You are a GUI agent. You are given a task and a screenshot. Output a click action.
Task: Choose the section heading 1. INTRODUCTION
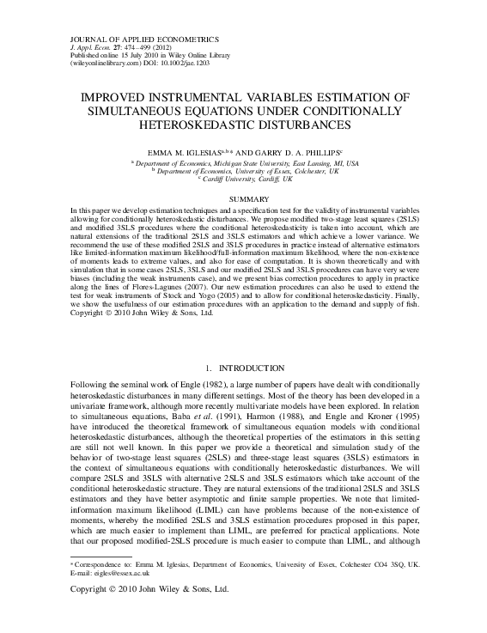[x=244, y=367]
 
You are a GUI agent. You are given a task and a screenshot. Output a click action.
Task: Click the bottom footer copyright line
[x=149, y=591]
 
